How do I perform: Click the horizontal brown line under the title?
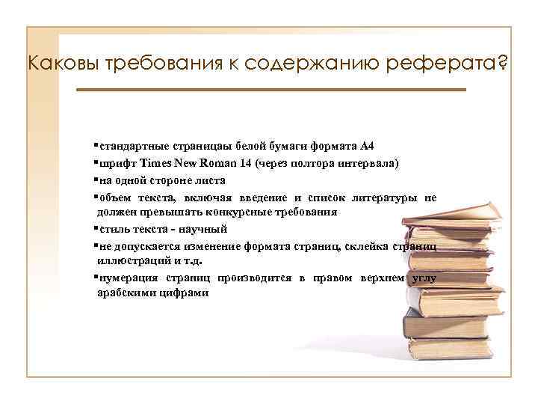(x=270, y=90)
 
